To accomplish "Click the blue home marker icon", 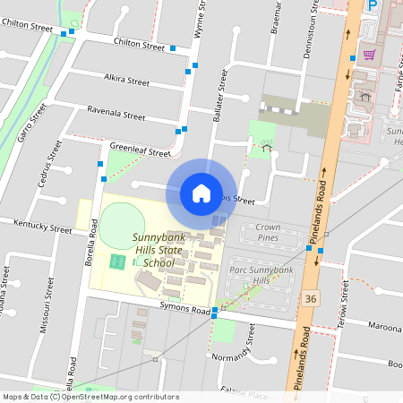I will click(201, 193).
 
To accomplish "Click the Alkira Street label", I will click(126, 81).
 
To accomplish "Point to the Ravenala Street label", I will click(116, 116).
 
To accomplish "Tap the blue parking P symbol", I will click(372, 6).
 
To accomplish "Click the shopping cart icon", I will click(369, 56).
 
